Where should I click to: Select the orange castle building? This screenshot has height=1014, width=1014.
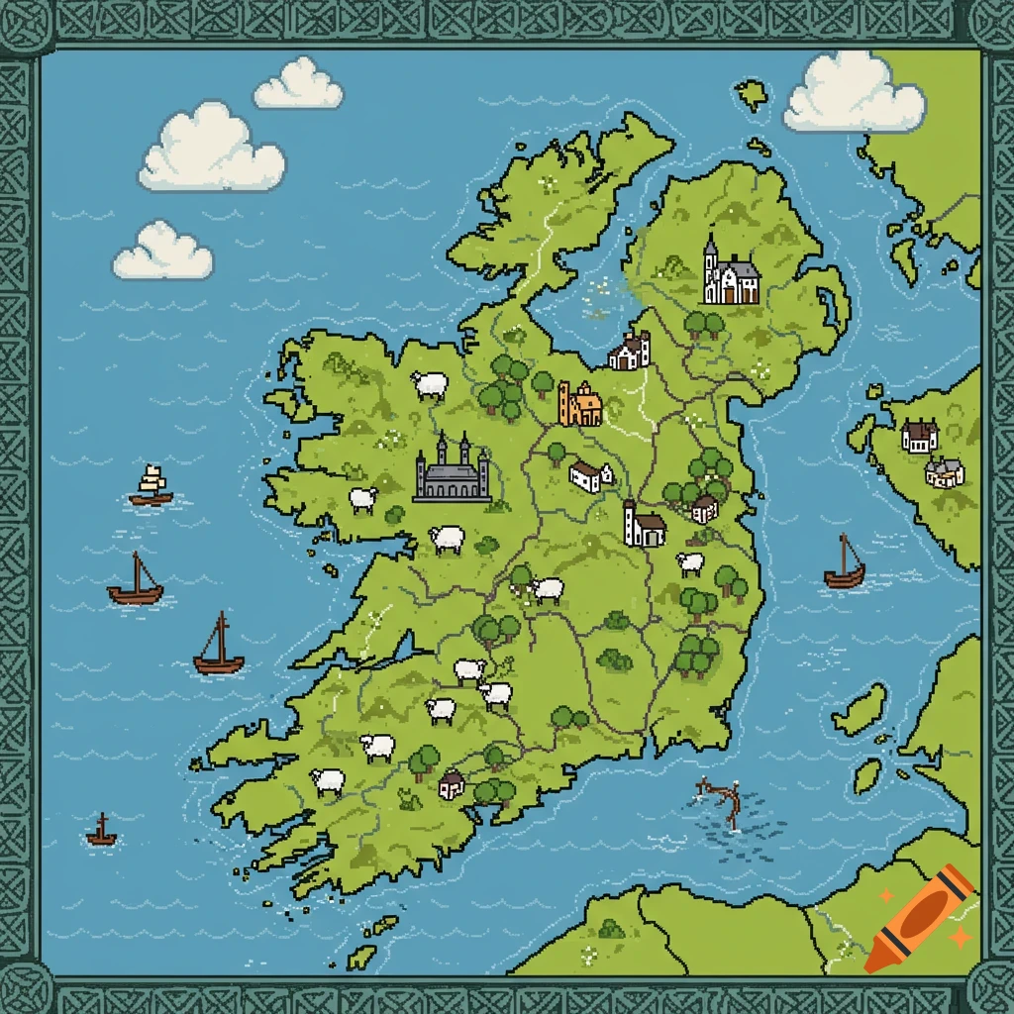point(579,404)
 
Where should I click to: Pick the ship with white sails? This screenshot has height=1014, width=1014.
point(152,485)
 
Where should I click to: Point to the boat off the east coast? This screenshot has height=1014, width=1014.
point(844,564)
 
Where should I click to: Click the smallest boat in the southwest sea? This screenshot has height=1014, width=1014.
point(101,832)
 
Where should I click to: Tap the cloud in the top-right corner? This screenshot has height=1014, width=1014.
point(854,94)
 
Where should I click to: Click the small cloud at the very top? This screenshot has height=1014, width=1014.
point(298,85)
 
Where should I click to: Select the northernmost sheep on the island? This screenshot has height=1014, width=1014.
point(430,384)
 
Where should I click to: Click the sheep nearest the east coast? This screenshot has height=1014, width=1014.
point(690,563)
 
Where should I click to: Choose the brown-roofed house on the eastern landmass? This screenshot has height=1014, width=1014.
point(919,436)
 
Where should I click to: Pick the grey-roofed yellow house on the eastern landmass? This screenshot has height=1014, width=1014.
point(944,472)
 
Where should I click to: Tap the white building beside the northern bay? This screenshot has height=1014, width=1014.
point(630,352)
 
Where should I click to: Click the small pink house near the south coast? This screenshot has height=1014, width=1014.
point(452,784)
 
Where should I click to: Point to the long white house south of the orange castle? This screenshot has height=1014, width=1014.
point(590,476)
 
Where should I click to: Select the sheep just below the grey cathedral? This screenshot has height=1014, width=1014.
point(448,539)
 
